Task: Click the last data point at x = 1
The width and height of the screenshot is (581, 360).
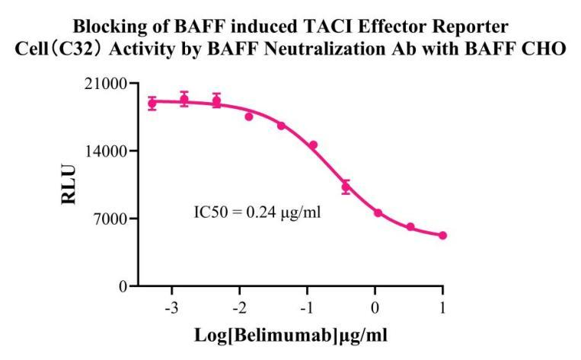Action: pos(443,236)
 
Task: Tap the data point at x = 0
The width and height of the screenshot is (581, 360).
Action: pos(378,213)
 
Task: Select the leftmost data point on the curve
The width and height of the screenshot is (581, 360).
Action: pos(152,104)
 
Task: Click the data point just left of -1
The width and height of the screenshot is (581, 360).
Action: pos(313,145)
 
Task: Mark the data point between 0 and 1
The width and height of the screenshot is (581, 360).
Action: pos(410,227)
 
